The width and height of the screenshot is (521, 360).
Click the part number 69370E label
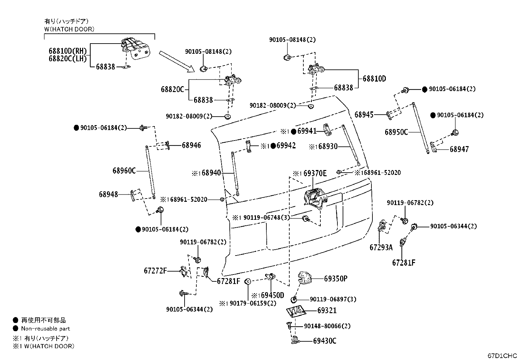click(315, 173)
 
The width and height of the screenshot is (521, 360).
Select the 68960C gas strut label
click(124, 171)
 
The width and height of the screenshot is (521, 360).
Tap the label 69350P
click(336, 279)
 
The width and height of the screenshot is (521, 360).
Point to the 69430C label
click(325, 341)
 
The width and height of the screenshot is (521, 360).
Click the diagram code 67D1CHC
click(502, 355)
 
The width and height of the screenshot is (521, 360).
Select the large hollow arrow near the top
click(177, 61)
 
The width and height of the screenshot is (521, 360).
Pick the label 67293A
click(381, 247)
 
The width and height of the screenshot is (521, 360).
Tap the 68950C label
click(396, 132)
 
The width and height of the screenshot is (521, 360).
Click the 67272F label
click(155, 271)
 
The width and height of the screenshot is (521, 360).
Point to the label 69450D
click(272, 295)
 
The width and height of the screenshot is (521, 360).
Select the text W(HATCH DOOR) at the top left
click(69, 29)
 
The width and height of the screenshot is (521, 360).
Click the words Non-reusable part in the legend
click(45, 329)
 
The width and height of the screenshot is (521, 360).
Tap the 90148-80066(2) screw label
click(327, 326)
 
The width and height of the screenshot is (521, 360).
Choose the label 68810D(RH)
click(68, 51)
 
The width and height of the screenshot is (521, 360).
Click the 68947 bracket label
click(459, 149)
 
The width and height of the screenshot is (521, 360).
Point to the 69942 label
click(286, 146)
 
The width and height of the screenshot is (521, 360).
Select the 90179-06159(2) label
click(253, 303)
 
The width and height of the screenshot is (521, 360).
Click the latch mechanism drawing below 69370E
click(314, 198)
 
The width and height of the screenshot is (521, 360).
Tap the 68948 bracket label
click(108, 194)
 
